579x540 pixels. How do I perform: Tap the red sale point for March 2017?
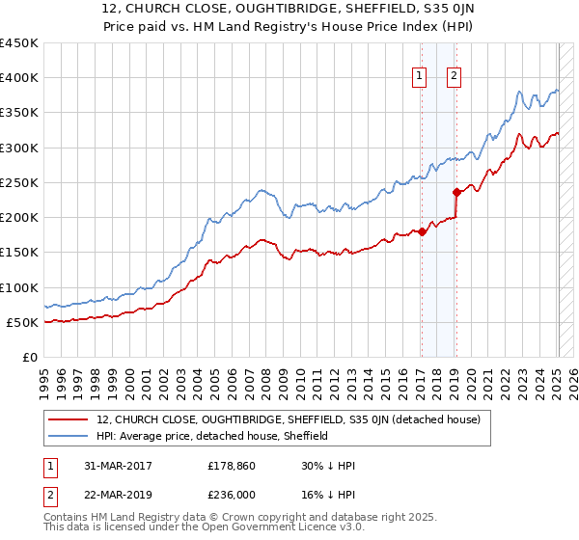(422, 232)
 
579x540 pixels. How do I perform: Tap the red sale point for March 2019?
(455, 192)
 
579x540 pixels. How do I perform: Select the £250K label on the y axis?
(19, 182)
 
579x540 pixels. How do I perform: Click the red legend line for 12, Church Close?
(70, 419)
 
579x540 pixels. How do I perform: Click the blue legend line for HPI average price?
(70, 436)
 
